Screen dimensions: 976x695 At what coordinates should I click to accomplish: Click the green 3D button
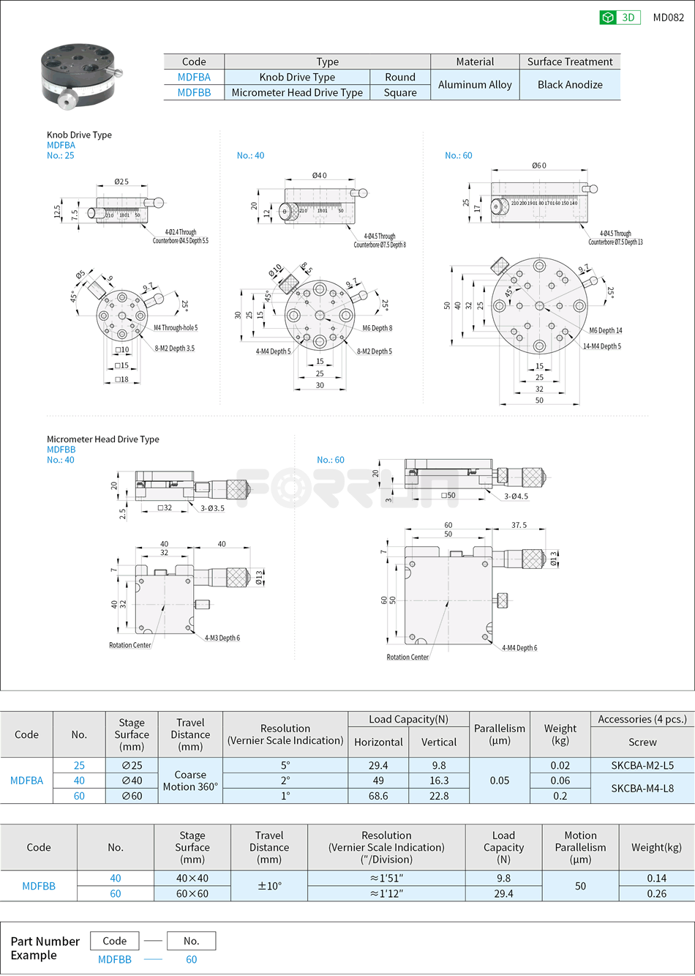coord(620,18)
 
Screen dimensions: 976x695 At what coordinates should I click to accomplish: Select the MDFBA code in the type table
coord(194,77)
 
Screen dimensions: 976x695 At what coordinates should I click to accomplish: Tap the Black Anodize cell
coord(570,85)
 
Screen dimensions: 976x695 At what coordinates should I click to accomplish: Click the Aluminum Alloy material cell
coord(475,85)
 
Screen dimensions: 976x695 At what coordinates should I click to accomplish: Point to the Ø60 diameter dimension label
coord(539,165)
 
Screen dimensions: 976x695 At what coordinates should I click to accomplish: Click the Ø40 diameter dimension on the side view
coord(320,176)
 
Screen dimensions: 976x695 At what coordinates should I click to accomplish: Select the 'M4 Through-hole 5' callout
coord(176,328)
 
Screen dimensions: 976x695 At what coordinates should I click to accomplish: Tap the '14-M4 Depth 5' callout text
coord(602,346)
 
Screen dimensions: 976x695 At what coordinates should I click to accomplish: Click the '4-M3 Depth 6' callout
coord(222,638)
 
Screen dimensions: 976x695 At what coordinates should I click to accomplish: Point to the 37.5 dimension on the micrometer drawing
coord(519,525)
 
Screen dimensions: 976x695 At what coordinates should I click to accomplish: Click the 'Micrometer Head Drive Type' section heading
coord(103,439)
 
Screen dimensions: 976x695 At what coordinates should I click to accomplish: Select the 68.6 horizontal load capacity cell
coord(378,796)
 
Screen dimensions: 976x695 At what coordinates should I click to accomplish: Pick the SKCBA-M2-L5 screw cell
coord(642,765)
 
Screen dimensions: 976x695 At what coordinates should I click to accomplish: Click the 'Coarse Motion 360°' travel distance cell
coord(190,781)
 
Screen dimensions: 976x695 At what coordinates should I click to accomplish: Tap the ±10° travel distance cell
coord(269,886)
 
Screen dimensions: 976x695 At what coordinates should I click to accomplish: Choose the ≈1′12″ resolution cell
coord(386,894)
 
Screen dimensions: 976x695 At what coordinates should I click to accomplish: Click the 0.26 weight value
coord(656,894)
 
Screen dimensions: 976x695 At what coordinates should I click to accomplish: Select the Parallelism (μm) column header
coord(500,734)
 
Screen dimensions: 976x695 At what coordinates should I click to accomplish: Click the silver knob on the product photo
coord(67,100)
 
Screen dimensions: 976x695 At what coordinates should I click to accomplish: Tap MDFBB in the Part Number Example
coord(115,959)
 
